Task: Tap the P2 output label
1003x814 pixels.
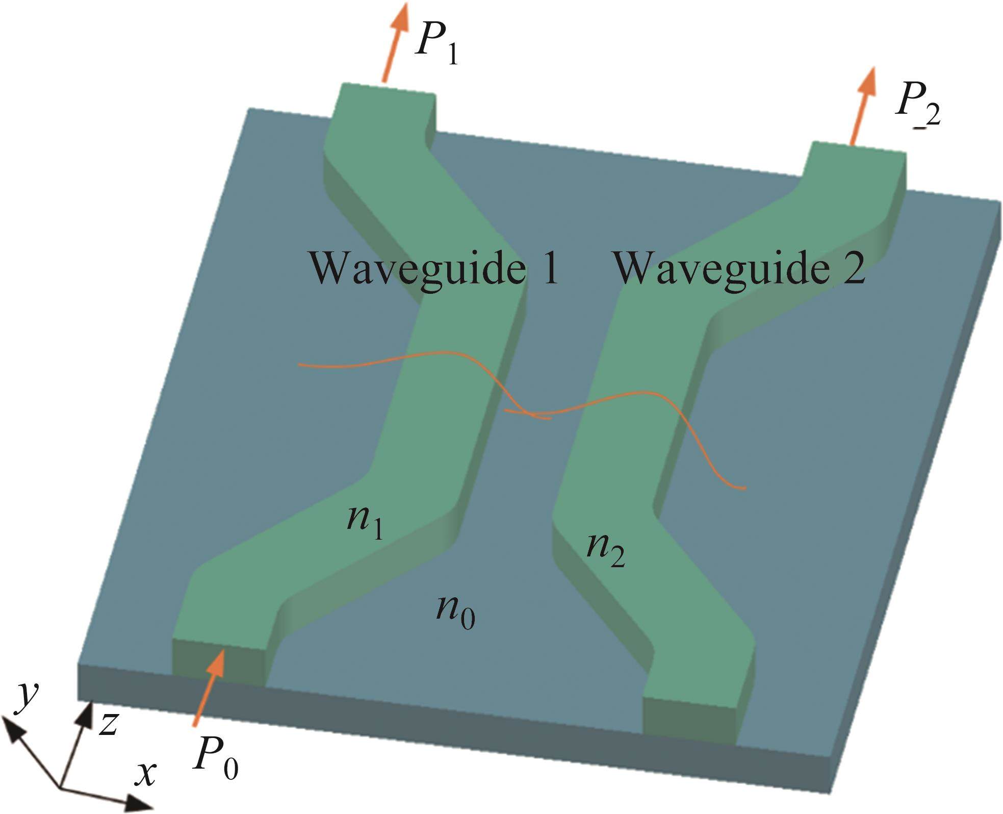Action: [x=917, y=111]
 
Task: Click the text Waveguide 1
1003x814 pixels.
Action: [x=433, y=269]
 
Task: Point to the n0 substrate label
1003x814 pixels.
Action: [x=455, y=611]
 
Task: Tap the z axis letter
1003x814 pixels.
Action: [x=109, y=723]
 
